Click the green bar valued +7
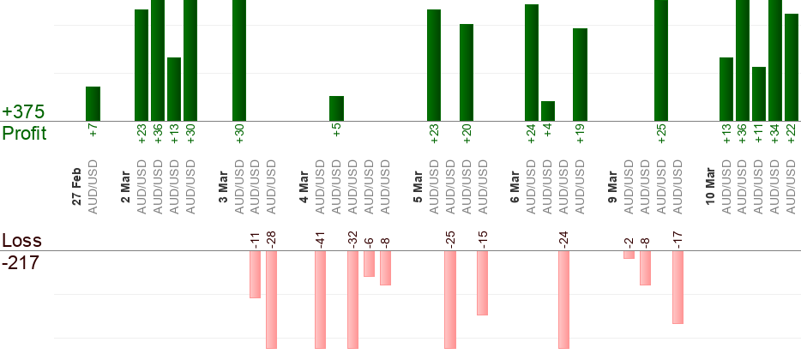point(93,104)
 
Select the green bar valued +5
point(337,108)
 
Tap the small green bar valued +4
point(548,111)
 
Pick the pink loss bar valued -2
point(629,255)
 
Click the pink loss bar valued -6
point(369,264)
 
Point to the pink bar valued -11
point(255,274)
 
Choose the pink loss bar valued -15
point(483,283)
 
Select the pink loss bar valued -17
point(678,287)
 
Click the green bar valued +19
point(581,75)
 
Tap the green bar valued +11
point(759,93)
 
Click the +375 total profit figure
point(23,112)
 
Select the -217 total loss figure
point(21,262)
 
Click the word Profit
point(24,133)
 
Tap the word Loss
point(21,240)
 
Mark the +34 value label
point(775,134)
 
